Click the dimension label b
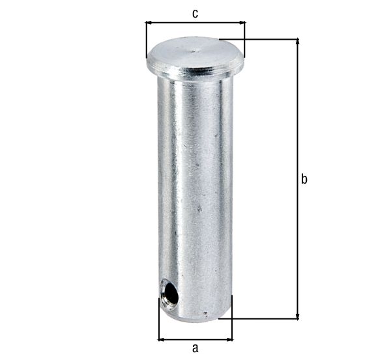click(304, 180)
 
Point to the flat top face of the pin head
click(195, 51)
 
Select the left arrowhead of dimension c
click(149, 23)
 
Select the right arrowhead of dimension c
click(242, 23)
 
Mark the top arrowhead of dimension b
click(298, 43)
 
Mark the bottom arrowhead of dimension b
click(298, 315)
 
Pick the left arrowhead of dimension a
click(162, 339)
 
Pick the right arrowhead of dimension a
click(229, 339)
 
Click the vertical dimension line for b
click(298, 130)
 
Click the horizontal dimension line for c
click(195, 23)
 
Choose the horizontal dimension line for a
click(195, 339)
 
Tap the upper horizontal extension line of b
click(261, 40)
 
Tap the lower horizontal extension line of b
click(261, 318)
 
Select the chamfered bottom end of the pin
click(195, 315)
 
